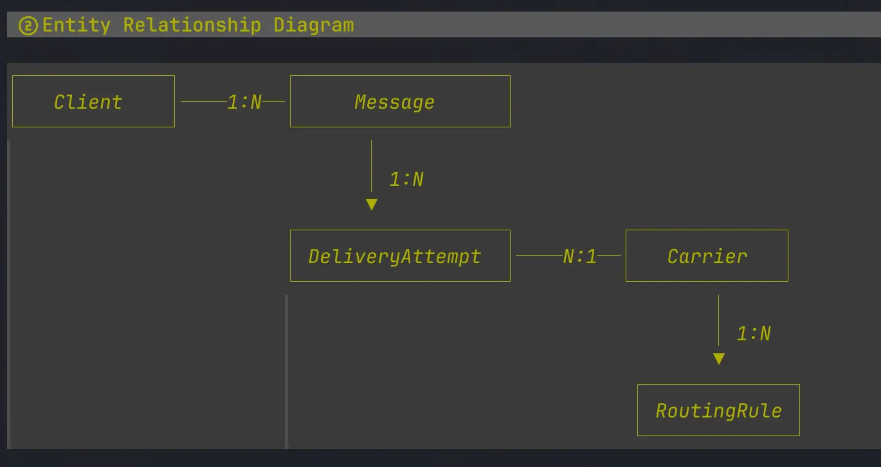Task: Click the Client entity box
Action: (93, 102)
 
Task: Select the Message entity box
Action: (400, 102)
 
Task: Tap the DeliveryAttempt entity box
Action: (400, 256)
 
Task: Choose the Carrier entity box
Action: (707, 256)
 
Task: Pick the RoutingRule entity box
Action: (718, 410)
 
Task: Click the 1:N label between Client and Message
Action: (244, 102)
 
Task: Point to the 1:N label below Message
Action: (406, 179)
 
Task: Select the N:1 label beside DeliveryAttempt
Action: (580, 257)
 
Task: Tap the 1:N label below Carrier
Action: (754, 334)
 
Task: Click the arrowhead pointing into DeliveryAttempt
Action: (371, 205)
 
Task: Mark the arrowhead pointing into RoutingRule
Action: (719, 359)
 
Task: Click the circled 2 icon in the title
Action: (28, 26)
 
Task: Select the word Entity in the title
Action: (77, 25)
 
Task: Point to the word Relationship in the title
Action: (192, 25)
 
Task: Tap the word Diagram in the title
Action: (314, 25)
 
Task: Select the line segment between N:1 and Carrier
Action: (609, 255)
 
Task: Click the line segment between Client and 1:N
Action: (204, 101)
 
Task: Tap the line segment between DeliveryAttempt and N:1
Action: (539, 255)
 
